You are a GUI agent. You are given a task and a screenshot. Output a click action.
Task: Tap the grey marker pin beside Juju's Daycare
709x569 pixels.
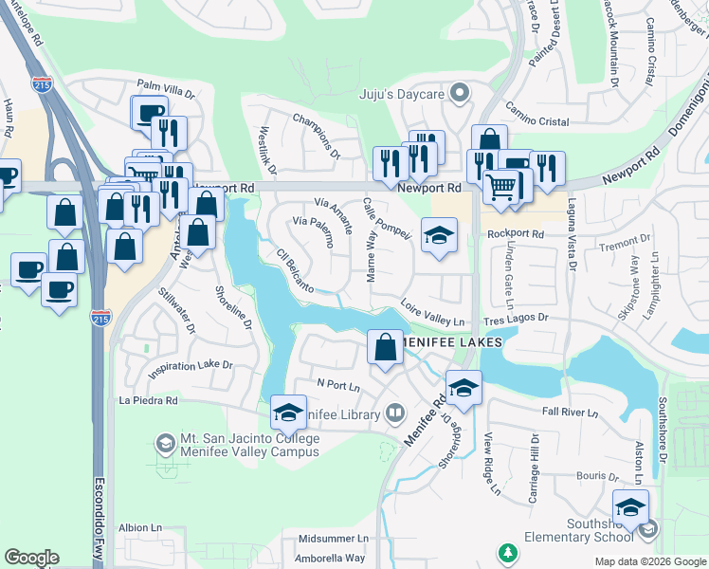460,93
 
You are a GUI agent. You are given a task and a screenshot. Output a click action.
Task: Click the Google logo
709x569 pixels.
31,558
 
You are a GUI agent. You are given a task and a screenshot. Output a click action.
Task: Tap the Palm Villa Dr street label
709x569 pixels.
165,95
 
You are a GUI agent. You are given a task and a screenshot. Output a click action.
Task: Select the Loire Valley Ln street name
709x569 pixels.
432,314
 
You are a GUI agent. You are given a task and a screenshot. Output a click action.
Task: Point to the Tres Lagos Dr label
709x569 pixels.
518,320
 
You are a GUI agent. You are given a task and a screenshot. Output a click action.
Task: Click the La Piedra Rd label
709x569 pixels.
148,401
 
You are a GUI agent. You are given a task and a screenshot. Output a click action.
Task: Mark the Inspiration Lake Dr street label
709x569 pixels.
191,365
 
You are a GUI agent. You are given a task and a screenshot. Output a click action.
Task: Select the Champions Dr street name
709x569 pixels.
317,135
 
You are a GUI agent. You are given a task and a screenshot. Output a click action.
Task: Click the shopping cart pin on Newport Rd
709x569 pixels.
501,186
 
